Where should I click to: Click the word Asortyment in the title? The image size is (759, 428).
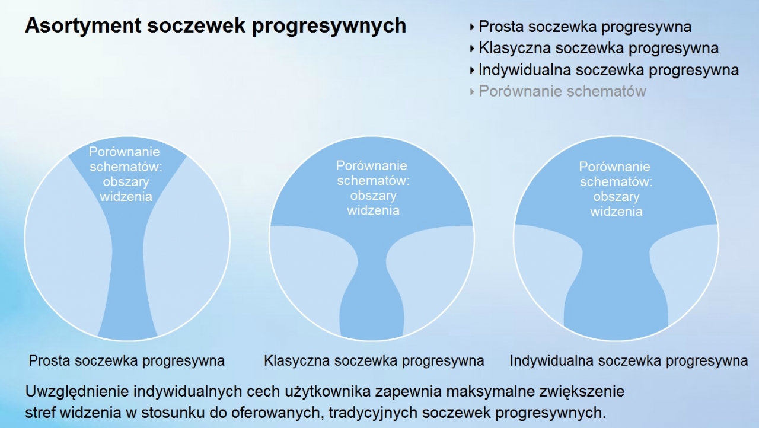pyautogui.click(x=83, y=25)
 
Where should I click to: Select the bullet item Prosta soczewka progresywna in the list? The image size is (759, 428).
pyautogui.click(x=585, y=27)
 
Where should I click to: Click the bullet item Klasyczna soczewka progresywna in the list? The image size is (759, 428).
pyautogui.click(x=598, y=49)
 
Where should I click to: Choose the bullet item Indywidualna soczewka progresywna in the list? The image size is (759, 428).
pyautogui.click(x=608, y=70)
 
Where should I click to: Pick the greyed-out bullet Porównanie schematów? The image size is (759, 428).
pyautogui.click(x=563, y=91)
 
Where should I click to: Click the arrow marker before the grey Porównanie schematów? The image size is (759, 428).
pyautogui.click(x=473, y=92)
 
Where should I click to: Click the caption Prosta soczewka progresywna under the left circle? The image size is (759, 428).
pyautogui.click(x=127, y=361)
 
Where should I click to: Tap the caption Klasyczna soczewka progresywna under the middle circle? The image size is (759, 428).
pyautogui.click(x=374, y=361)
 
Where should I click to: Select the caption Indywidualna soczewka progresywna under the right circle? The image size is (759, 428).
pyautogui.click(x=629, y=361)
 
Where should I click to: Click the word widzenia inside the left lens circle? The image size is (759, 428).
pyautogui.click(x=126, y=197)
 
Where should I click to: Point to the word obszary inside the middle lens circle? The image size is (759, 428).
pyautogui.click(x=373, y=196)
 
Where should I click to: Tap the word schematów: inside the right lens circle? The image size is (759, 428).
pyautogui.click(x=616, y=182)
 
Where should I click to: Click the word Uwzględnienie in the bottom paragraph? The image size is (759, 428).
pyautogui.click(x=76, y=392)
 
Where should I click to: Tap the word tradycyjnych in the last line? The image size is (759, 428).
pyautogui.click(x=373, y=413)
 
